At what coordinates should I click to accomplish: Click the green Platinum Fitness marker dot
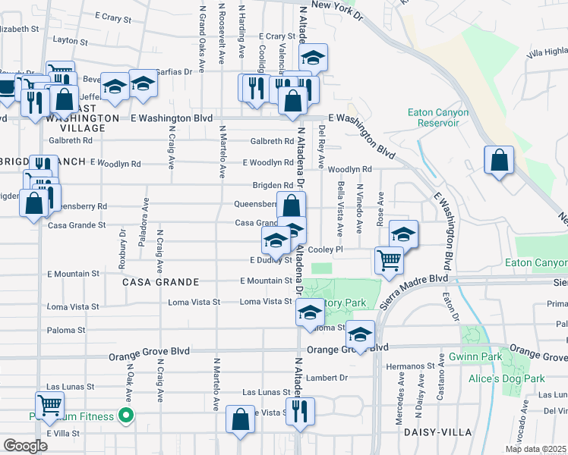point(128,416)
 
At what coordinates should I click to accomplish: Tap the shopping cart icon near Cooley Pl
point(389,260)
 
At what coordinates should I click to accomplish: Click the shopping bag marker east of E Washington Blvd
point(498,161)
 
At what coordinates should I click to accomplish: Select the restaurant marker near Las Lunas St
point(301,410)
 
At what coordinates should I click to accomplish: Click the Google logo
point(25,446)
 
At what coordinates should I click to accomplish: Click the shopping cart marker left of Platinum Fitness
point(49,404)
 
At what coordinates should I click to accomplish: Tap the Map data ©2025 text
point(535,449)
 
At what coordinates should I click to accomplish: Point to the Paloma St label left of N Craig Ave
point(66,331)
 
